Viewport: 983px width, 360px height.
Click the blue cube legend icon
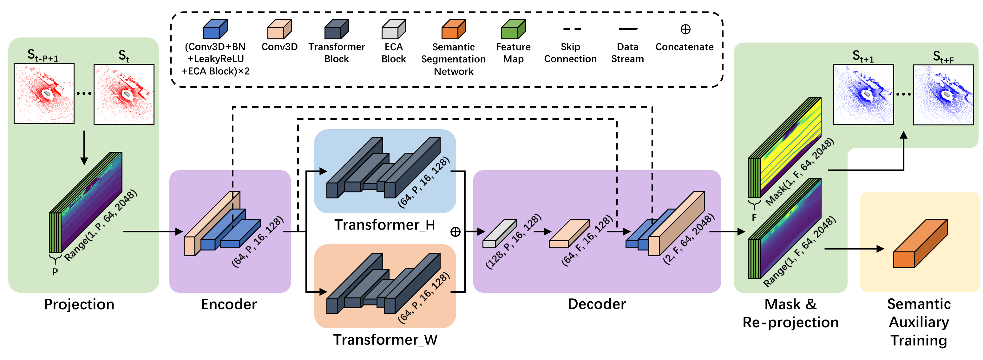[215, 30]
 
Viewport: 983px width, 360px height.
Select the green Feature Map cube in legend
[513, 30]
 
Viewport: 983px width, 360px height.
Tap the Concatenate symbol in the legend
[685, 30]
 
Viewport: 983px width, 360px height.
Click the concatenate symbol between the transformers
[455, 232]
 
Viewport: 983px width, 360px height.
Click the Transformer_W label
[385, 340]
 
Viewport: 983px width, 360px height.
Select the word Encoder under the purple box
[229, 304]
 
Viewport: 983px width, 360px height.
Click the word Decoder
[596, 304]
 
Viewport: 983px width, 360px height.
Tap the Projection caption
[79, 304]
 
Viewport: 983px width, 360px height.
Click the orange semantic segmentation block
[920, 244]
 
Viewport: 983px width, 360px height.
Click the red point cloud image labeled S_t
[124, 94]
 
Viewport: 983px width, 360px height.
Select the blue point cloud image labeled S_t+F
[943, 95]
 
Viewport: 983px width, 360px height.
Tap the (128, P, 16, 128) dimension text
[513, 241]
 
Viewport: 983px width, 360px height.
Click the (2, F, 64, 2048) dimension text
[689, 239]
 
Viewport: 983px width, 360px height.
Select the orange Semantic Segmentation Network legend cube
[453, 30]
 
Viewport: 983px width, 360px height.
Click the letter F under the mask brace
[754, 217]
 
